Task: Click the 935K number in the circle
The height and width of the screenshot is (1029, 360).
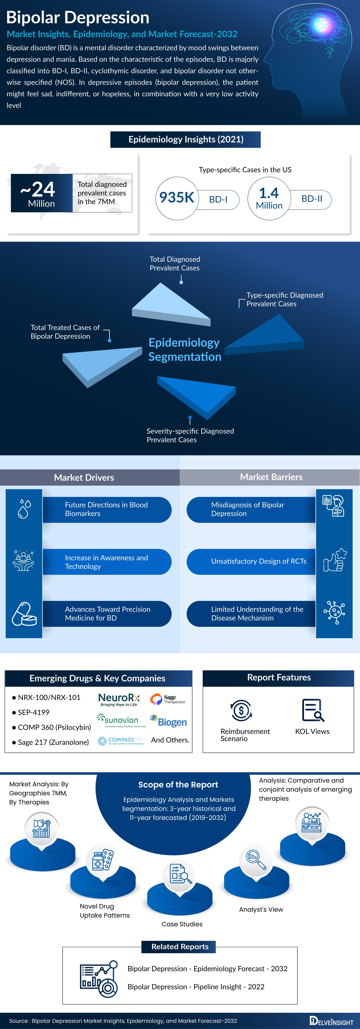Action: (x=177, y=197)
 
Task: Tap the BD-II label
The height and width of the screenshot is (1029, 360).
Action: (x=312, y=199)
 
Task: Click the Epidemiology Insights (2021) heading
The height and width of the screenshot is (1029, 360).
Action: (x=186, y=139)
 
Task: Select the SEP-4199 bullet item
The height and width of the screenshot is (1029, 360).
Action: (x=33, y=712)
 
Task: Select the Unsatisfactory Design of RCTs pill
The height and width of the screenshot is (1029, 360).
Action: (x=252, y=561)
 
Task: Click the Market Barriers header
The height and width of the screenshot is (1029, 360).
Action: (x=271, y=477)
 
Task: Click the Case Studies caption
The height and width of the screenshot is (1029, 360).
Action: (x=182, y=924)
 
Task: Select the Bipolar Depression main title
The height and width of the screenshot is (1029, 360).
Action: (x=78, y=18)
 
